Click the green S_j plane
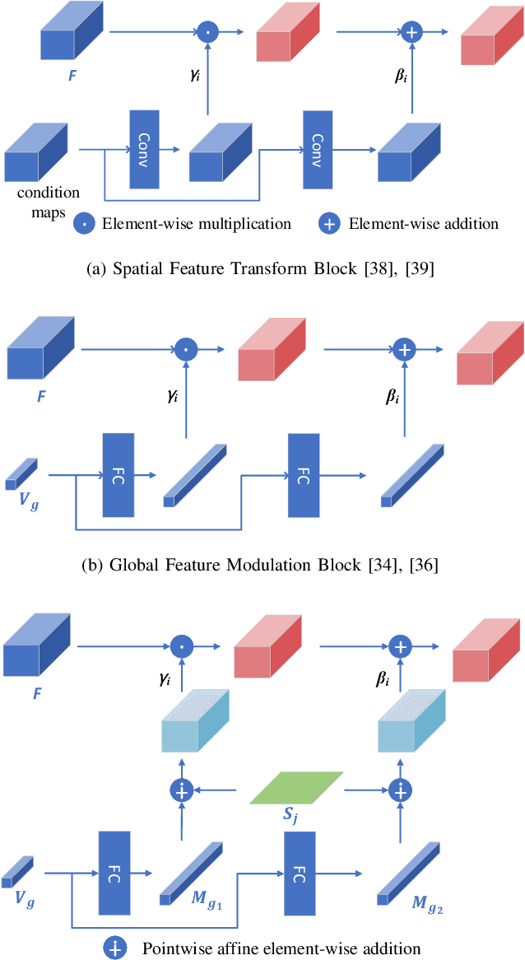295,787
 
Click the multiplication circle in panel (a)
207,32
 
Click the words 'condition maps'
49,203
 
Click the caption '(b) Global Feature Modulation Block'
262,565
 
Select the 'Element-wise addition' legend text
421,223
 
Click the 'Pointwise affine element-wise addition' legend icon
114,948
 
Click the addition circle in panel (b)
403,349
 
